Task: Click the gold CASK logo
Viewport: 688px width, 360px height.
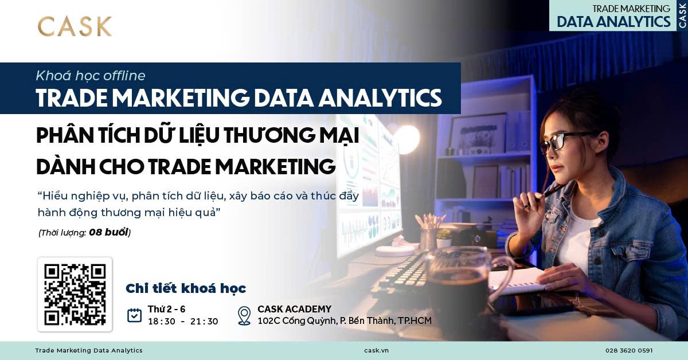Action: (x=75, y=26)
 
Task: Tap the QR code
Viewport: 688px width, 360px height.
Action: (x=75, y=294)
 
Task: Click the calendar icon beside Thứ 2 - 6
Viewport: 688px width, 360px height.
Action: (x=134, y=315)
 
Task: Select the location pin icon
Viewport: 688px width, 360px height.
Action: (x=244, y=315)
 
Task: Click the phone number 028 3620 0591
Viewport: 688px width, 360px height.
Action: (x=629, y=350)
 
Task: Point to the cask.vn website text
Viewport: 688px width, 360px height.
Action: (x=376, y=350)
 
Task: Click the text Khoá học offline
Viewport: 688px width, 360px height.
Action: (x=91, y=76)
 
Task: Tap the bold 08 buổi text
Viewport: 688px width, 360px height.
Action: (x=108, y=232)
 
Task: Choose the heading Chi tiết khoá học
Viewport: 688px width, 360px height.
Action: (x=186, y=288)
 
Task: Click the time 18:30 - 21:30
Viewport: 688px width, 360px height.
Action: (x=183, y=321)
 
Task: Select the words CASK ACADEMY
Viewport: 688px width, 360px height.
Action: (x=295, y=309)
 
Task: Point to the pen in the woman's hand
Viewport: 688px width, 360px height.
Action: (x=541, y=197)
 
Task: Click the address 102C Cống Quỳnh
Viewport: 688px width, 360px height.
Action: (x=296, y=321)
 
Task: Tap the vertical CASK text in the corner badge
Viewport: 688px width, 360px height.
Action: (x=682, y=15)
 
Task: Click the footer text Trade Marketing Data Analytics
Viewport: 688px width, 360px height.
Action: (x=89, y=350)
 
